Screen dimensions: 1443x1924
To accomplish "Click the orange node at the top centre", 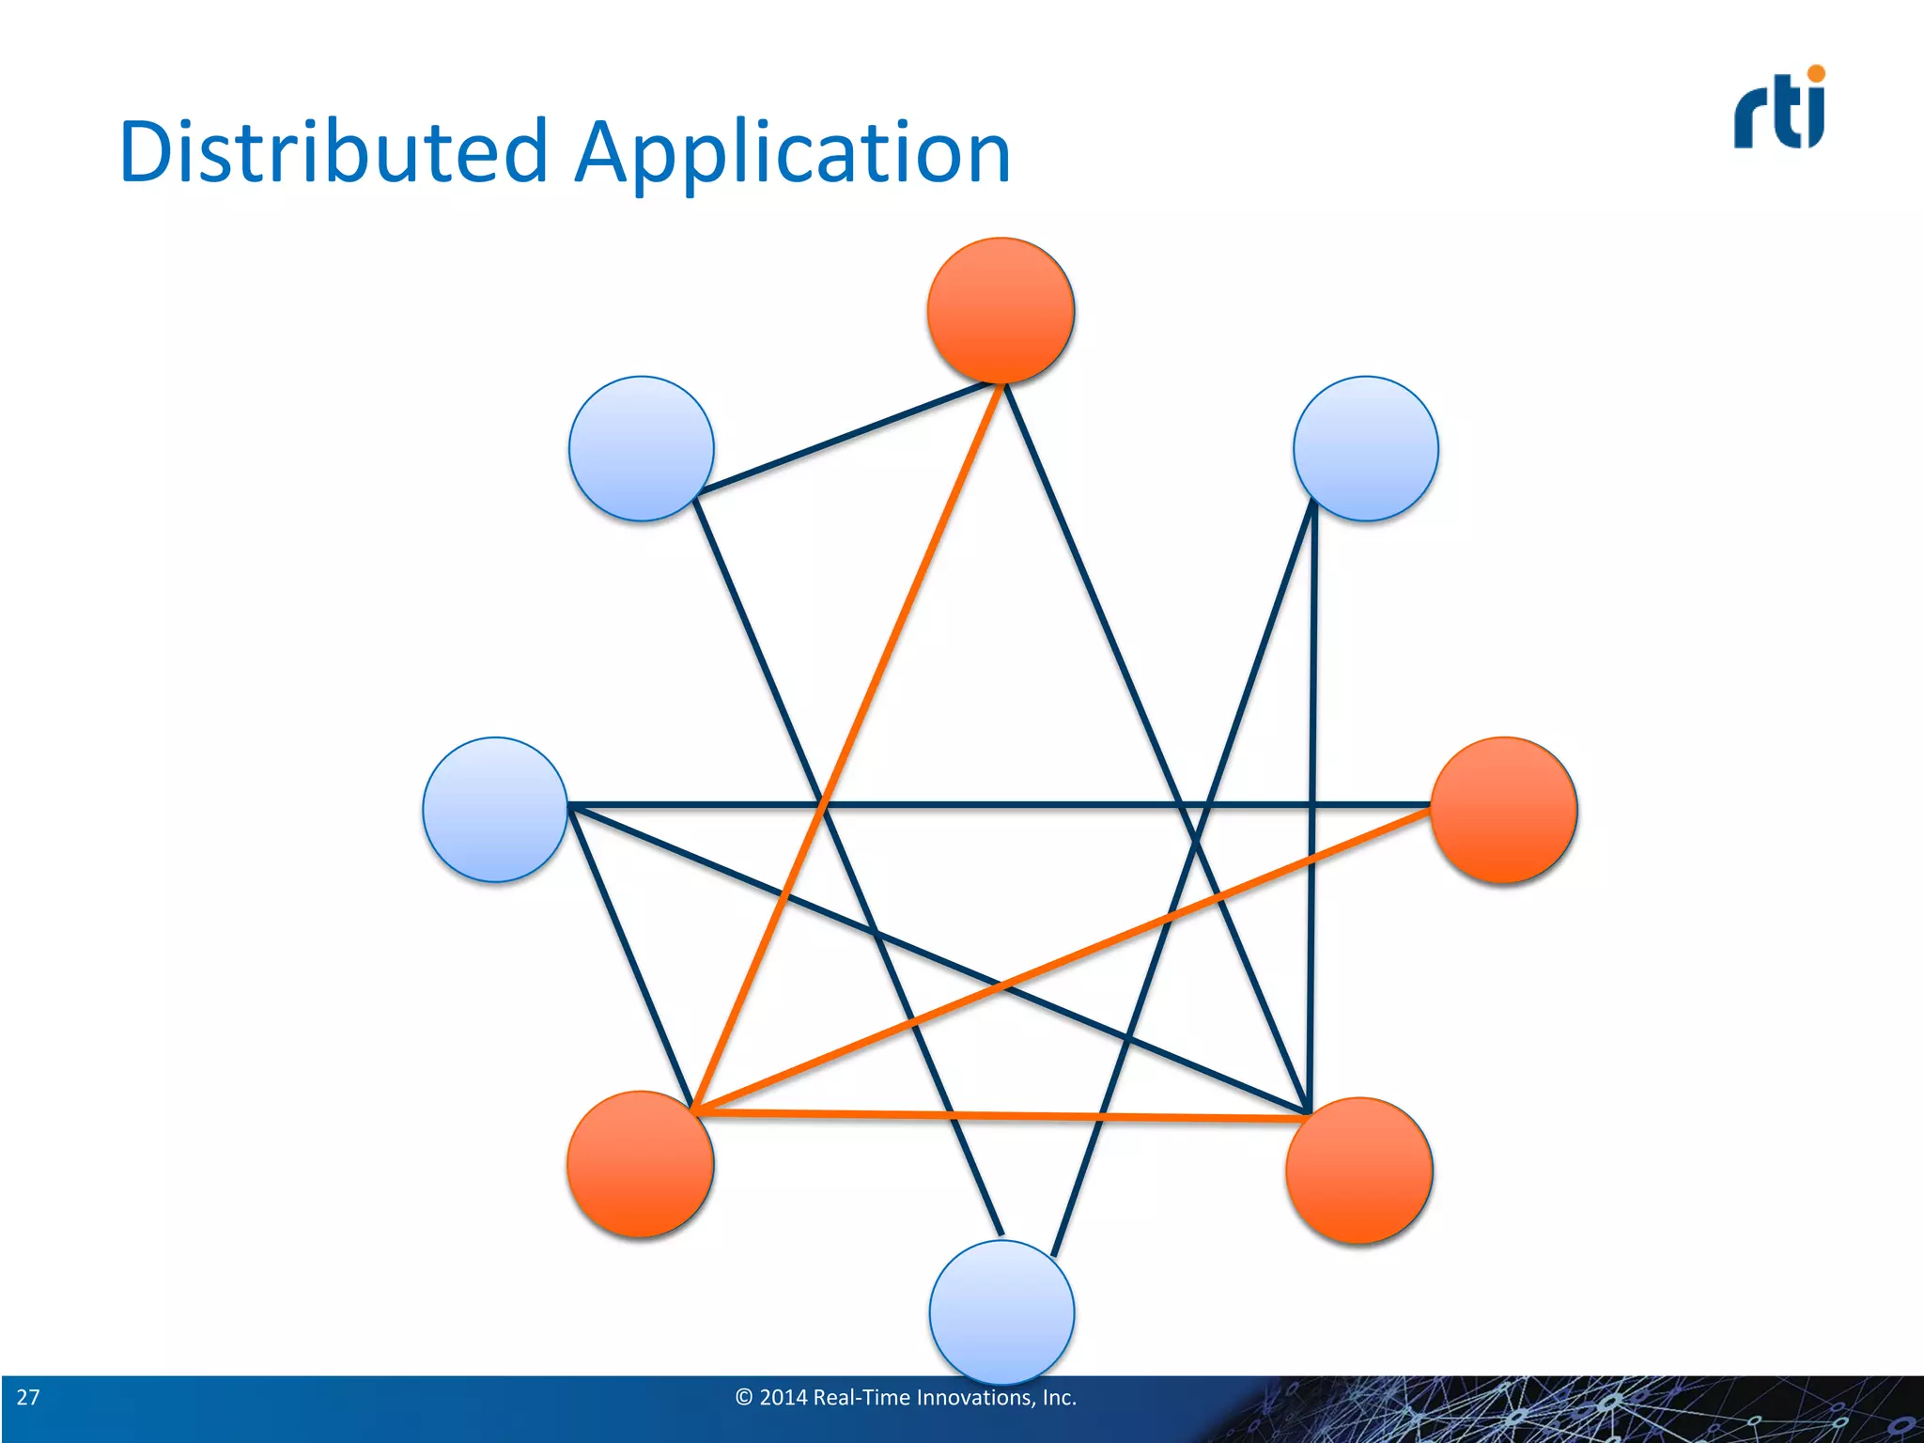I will pyautogui.click(x=1001, y=310).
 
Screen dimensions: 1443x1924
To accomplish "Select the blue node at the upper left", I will pyautogui.click(x=641, y=448).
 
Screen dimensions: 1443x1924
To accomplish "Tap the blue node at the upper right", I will pyautogui.click(x=1365, y=448).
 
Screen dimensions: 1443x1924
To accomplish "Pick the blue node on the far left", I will pyautogui.click(x=495, y=809).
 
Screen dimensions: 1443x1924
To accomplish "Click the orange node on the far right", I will pyautogui.click(x=1503, y=810).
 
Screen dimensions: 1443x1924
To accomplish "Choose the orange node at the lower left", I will pyautogui.click(x=640, y=1163).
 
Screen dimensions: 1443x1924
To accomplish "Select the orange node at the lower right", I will pyautogui.click(x=1358, y=1170).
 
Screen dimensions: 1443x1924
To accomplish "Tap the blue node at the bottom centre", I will pyautogui.click(x=1001, y=1311).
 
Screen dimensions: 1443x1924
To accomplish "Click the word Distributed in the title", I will pyautogui.click(x=334, y=152).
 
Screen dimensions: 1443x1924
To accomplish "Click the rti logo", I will pyautogui.click(x=1778, y=111).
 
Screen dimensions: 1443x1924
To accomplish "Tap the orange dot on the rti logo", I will pyautogui.click(x=1816, y=73).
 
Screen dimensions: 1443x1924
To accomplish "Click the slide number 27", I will pyautogui.click(x=28, y=1397).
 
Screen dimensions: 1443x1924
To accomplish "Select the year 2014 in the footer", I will pyautogui.click(x=783, y=1397).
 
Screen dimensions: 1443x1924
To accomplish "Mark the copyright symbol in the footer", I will pyautogui.click(x=744, y=1397).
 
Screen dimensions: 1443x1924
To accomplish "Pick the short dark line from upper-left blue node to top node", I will pyautogui.click(x=846, y=438).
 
